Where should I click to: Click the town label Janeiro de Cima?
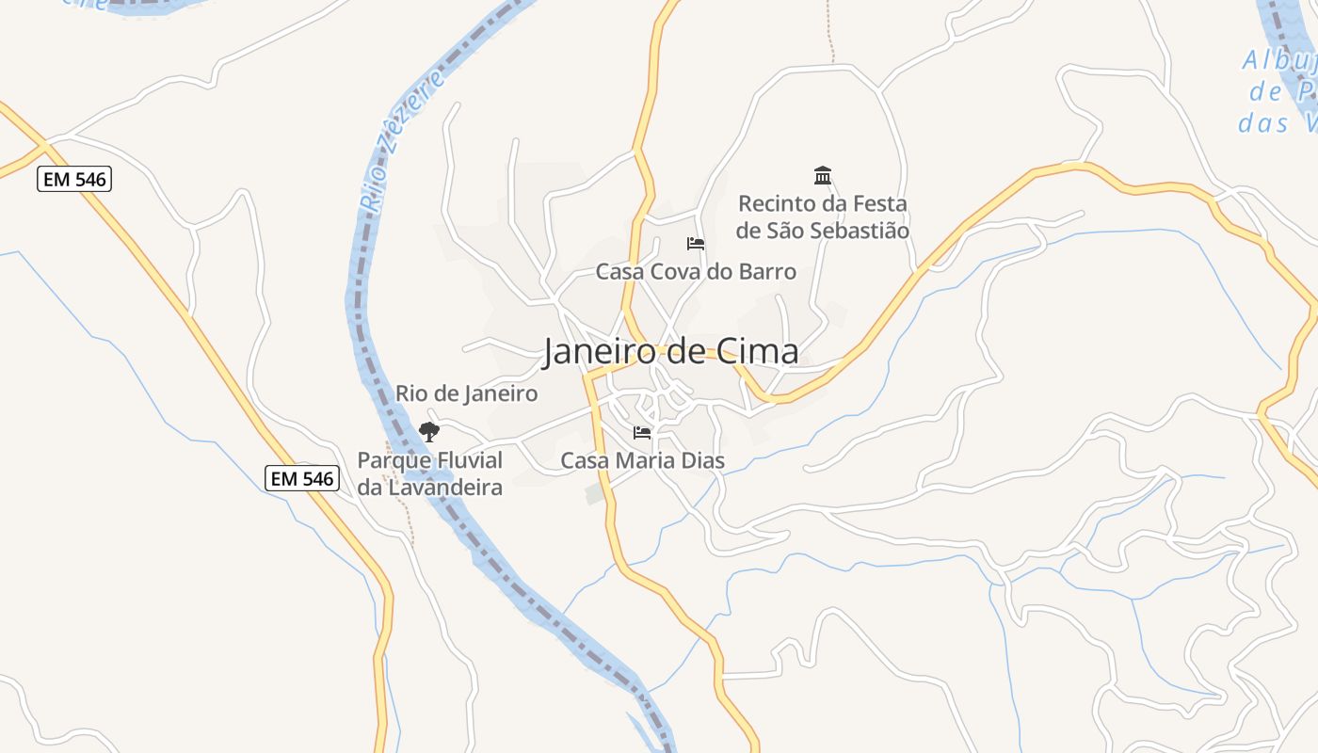(670, 351)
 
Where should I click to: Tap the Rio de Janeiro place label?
(466, 393)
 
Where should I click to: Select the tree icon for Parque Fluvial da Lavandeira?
(429, 432)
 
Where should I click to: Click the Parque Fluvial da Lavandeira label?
(429, 473)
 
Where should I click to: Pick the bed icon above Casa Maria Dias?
(642, 433)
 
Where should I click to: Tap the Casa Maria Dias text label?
(642, 460)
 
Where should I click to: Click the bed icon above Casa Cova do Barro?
(696, 244)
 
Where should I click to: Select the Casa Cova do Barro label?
(696, 272)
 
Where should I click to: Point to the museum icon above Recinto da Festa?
(823, 175)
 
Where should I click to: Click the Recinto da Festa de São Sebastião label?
(823, 216)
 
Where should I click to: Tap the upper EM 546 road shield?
(74, 179)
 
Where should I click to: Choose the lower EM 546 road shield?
(301, 478)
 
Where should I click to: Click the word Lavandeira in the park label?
(443, 488)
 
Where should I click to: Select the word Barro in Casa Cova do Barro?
(767, 272)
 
